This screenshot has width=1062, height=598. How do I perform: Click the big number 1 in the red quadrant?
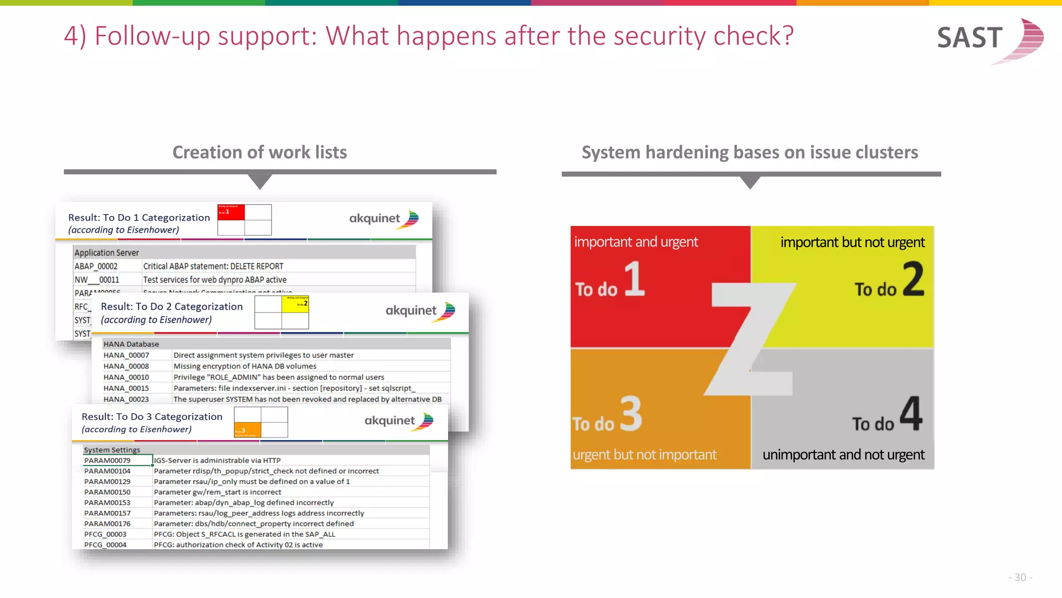634,279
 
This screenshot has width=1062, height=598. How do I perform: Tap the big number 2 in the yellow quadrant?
913,279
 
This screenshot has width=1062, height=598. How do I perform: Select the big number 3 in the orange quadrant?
631,414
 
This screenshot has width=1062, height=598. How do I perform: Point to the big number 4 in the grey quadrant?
911,414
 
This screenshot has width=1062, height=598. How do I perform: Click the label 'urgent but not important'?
645,455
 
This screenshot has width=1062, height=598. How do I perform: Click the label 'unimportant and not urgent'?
843,455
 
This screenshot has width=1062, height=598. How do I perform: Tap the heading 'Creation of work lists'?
259,152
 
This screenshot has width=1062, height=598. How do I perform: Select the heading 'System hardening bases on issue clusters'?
749,152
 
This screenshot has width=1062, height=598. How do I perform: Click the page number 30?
1020,577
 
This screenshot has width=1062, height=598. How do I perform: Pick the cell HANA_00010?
126,377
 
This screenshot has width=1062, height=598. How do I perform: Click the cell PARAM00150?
107,492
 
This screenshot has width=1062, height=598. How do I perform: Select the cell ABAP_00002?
96,266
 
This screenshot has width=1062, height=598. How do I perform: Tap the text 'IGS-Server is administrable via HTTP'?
217,460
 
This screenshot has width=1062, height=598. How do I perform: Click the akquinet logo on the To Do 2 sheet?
420,311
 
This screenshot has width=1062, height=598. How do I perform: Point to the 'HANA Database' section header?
131,344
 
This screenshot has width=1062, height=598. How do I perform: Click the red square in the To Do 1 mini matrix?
231,212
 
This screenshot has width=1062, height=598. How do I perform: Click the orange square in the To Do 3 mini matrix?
247,430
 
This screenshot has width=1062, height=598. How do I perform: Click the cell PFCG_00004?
105,545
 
